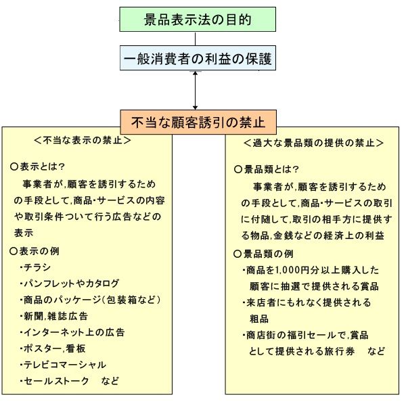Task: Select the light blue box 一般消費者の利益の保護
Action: tap(198, 58)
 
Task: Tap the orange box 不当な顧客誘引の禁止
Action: tap(198, 122)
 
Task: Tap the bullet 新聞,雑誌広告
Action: tap(57, 315)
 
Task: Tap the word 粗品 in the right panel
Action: tap(260, 319)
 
